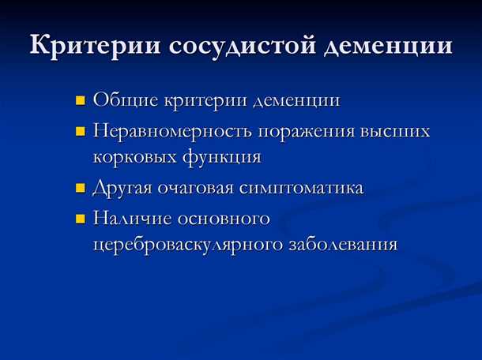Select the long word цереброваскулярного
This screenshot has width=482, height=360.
(x=191, y=245)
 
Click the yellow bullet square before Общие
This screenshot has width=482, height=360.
(x=81, y=102)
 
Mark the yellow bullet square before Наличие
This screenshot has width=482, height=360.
(x=81, y=218)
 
